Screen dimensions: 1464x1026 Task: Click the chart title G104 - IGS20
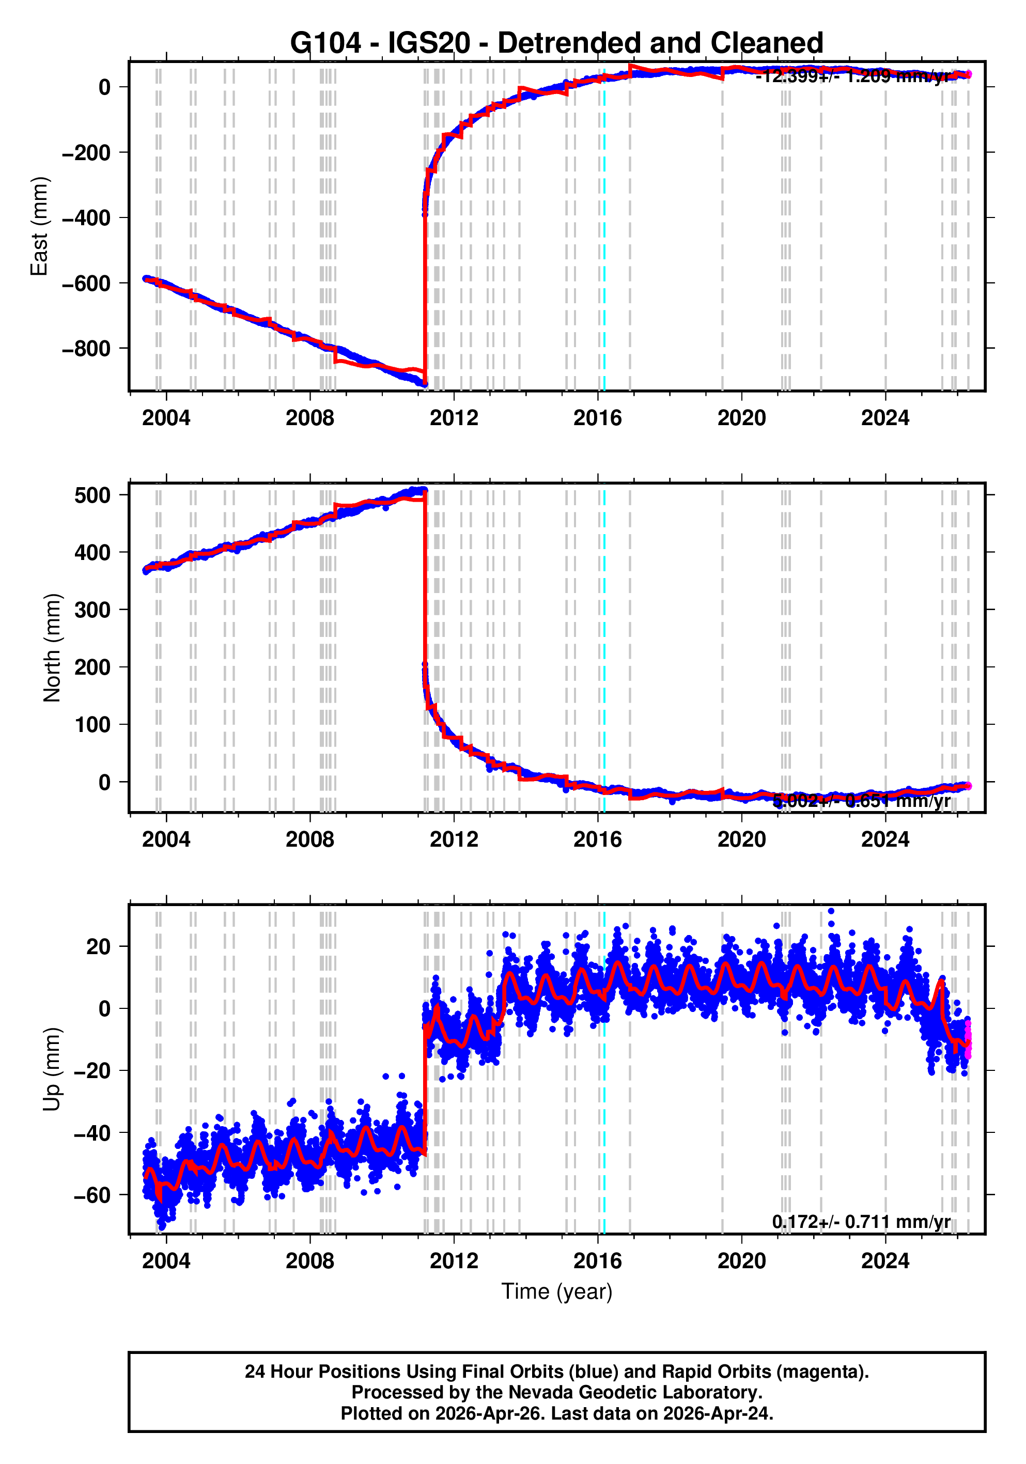coord(556,43)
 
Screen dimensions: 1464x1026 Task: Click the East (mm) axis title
coord(40,226)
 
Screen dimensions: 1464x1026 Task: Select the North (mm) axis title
coord(52,648)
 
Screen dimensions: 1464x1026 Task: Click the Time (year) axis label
coord(556,1291)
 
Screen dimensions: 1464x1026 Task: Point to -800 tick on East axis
coord(86,349)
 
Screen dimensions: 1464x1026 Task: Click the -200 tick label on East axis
coord(86,153)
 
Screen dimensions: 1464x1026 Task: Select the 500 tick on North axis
coord(92,495)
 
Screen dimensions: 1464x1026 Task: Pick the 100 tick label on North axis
coord(92,725)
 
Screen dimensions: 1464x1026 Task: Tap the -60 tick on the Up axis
coord(92,1195)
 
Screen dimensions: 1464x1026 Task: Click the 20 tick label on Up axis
coord(99,947)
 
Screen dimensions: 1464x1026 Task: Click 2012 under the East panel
coord(454,418)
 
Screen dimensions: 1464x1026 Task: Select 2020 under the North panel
coord(741,840)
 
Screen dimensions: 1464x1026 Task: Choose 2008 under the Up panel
coord(310,1261)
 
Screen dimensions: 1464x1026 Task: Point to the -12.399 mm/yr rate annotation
coord(852,77)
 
